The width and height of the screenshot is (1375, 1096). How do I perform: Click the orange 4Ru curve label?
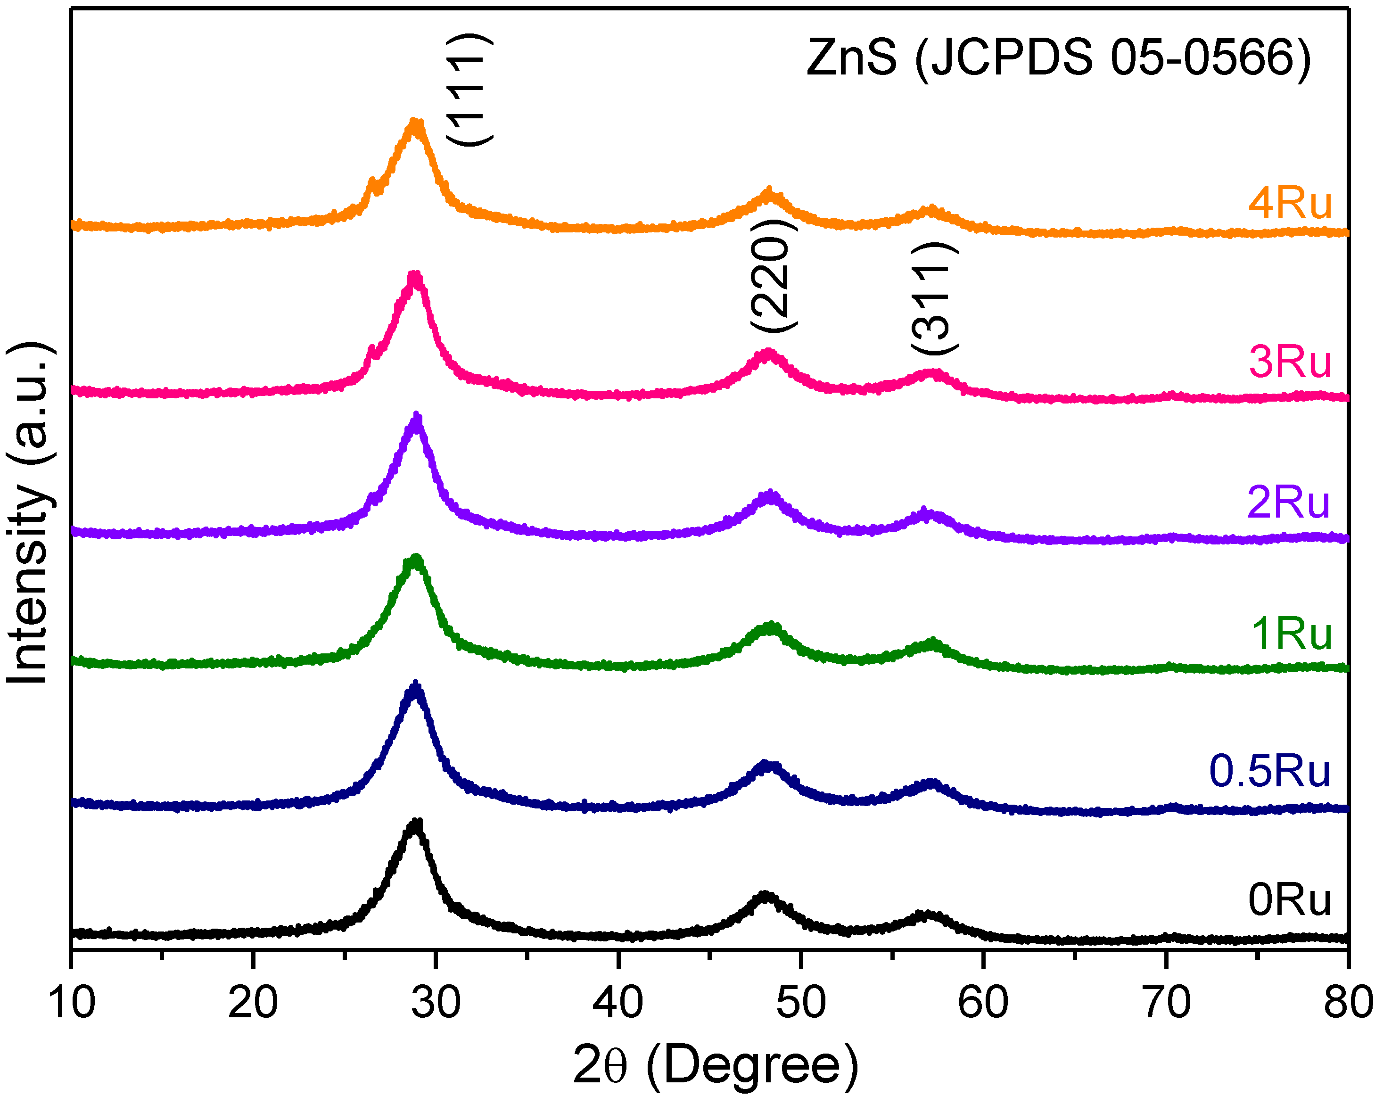pyautogui.click(x=1290, y=204)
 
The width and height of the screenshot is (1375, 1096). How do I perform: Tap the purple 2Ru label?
pyautogui.click(x=1288, y=502)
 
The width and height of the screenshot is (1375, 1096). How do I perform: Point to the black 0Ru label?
pyautogui.click(x=1290, y=900)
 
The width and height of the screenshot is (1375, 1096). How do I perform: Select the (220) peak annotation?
pyautogui.click(x=773, y=276)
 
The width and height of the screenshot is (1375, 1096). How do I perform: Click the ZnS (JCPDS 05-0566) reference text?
pyautogui.click(x=1059, y=58)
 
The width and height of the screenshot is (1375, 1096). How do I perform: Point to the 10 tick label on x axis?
pyautogui.click(x=72, y=1002)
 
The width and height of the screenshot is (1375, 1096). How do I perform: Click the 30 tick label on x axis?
pyautogui.click(x=436, y=1002)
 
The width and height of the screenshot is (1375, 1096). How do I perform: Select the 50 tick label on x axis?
pyautogui.click(x=801, y=1002)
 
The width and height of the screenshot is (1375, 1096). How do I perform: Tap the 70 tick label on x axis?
pyautogui.click(x=1166, y=1002)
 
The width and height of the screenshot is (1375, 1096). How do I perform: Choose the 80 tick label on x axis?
pyautogui.click(x=1347, y=1002)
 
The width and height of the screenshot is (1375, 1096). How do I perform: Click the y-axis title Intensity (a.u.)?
pyautogui.click(x=29, y=513)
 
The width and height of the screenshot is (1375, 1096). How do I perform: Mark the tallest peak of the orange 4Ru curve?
pyautogui.click(x=415, y=123)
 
